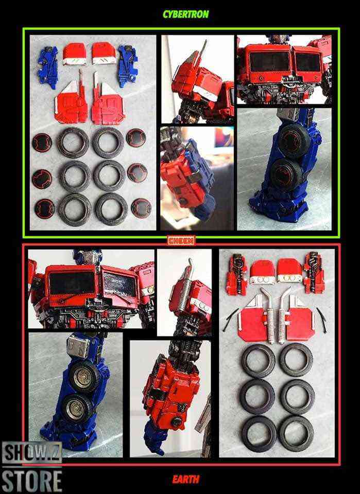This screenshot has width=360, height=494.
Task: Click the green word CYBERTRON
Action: point(186,14)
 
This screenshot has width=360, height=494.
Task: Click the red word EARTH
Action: point(186,479)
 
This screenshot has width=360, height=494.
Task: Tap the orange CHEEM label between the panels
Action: point(181,241)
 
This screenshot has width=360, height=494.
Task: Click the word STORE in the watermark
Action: point(31,480)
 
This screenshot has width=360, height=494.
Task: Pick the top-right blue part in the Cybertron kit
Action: point(128,66)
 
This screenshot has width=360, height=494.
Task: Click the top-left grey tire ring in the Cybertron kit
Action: point(73,142)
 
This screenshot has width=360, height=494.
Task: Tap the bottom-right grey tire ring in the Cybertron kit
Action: point(112,209)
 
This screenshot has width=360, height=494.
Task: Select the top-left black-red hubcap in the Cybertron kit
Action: point(42,142)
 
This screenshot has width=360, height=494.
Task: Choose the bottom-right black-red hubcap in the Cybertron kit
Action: point(141,208)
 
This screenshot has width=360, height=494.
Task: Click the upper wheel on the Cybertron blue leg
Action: point(295,140)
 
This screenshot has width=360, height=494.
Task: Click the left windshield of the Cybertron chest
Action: point(269,62)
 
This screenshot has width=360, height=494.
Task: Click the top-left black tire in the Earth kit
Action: point(258,361)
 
